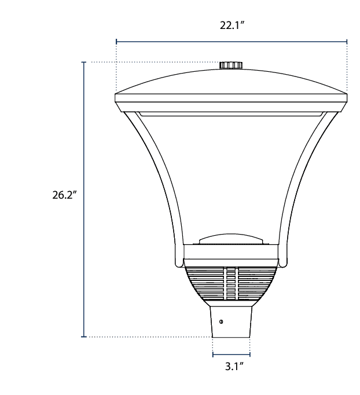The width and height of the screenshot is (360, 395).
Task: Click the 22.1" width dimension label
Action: (232, 25)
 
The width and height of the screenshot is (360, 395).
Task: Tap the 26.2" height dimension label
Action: (64, 195)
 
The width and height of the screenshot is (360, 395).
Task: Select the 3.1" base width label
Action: (234, 366)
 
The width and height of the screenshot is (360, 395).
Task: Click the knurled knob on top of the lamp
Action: (231, 65)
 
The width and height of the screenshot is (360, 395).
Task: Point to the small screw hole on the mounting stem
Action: (221, 321)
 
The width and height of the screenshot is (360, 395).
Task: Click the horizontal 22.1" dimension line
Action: (232, 42)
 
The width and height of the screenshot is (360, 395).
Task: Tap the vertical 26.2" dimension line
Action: (84, 199)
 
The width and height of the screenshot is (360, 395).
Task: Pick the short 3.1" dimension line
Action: (232, 354)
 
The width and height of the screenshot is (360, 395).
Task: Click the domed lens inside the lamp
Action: (232, 239)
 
